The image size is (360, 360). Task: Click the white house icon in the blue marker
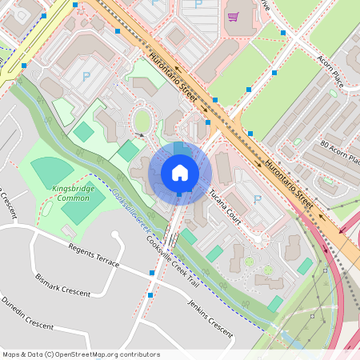pyautogui.click(x=179, y=173)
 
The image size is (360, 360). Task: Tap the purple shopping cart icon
pyautogui.click(x=233, y=16)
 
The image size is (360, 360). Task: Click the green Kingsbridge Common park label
pyautogui.click(x=71, y=192)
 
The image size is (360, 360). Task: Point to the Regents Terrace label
pyautogui.click(x=94, y=256)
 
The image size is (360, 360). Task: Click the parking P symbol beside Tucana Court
pyautogui.click(x=257, y=199)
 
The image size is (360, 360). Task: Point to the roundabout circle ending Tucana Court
pyautogui.click(x=249, y=262)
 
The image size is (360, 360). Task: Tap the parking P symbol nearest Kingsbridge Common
pyautogui.click(x=86, y=77)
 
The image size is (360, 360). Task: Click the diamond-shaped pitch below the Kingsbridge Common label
pyautogui.click(x=82, y=207)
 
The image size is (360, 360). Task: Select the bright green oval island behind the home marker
pyautogui.click(x=142, y=122)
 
